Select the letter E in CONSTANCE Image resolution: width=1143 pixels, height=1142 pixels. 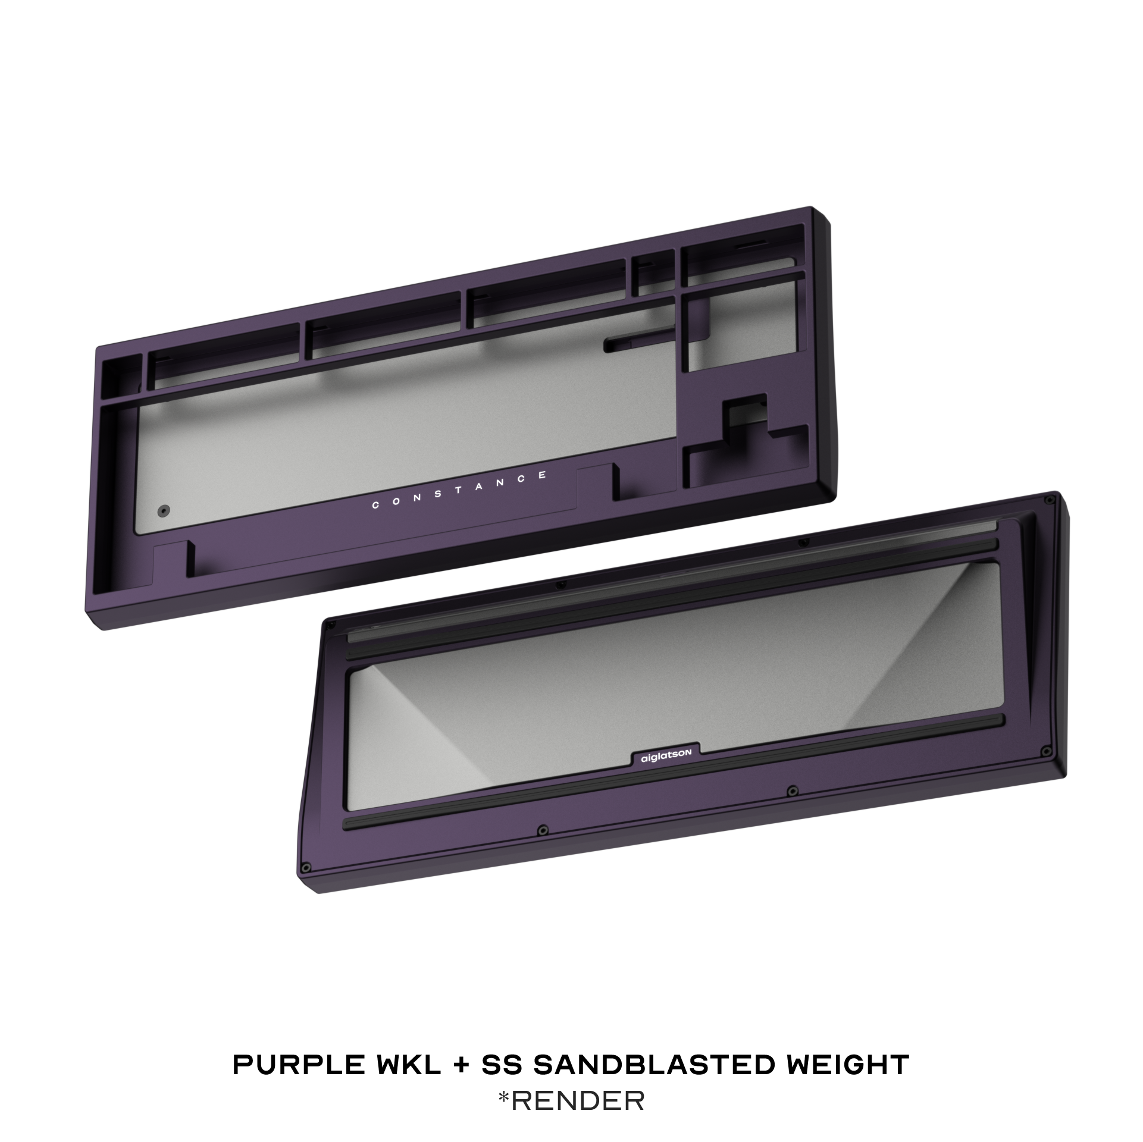[x=542, y=475]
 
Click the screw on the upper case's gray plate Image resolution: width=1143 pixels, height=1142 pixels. [x=163, y=510]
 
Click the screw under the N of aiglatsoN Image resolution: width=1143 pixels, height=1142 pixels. [x=791, y=790]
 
